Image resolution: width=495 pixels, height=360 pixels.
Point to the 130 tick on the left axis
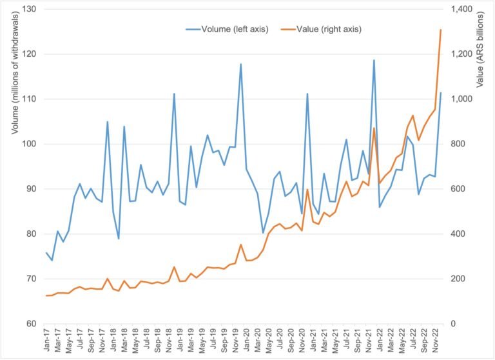point(30,9)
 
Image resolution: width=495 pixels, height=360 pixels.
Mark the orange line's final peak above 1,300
point(441,30)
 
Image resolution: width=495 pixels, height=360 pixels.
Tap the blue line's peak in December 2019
point(241,64)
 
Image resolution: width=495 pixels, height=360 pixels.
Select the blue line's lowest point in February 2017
point(52,260)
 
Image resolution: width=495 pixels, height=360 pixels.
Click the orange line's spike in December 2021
point(374,128)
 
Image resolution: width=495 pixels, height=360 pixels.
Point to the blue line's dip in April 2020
point(263,233)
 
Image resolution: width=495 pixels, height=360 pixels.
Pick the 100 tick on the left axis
point(30,144)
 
